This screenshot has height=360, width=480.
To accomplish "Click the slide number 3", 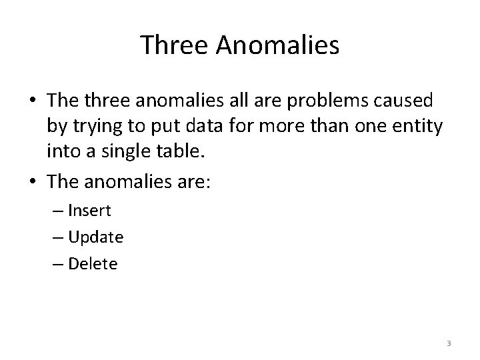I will click(449, 343).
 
